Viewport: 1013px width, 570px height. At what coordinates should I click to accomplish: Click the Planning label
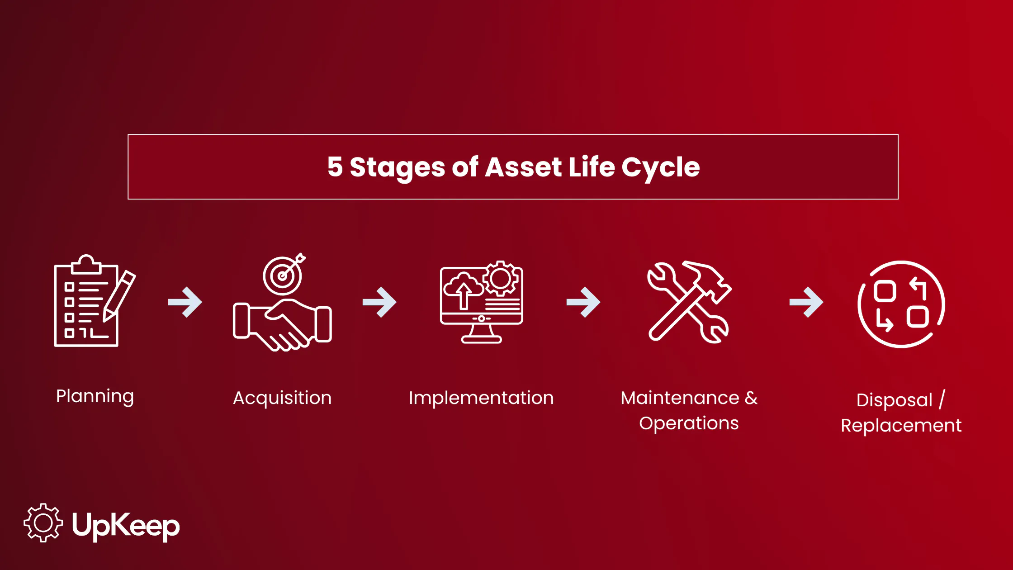95,396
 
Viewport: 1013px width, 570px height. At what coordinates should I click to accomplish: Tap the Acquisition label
282,398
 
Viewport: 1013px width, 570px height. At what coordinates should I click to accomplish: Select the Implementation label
481,398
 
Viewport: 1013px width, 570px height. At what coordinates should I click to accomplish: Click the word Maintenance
680,398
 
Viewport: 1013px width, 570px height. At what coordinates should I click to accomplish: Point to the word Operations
689,423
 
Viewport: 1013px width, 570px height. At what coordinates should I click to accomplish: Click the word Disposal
894,400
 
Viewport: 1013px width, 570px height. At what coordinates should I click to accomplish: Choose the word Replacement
901,426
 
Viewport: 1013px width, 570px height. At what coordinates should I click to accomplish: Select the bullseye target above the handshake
283,275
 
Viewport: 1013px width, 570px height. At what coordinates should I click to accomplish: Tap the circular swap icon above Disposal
901,304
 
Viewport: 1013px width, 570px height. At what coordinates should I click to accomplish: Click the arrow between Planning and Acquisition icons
185,302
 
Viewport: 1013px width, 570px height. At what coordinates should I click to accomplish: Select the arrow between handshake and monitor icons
379,302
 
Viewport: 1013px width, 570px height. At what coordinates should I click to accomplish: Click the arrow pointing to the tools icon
583,302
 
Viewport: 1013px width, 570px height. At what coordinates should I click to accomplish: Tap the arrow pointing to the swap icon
806,302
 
